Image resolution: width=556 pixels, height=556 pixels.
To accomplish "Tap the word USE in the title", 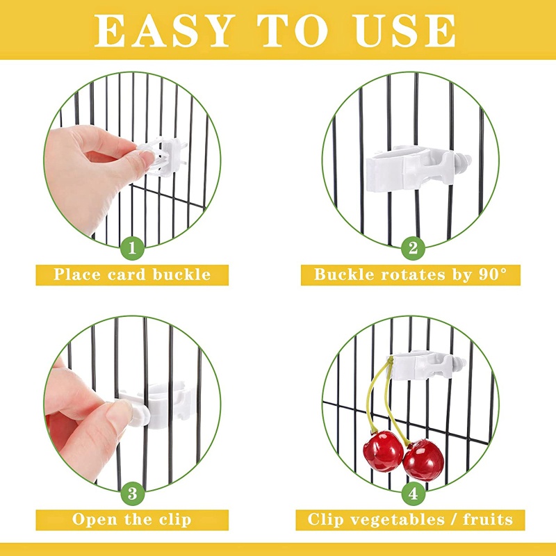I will pos(405,30).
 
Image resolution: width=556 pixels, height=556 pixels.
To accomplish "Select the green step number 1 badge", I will pos(132,248).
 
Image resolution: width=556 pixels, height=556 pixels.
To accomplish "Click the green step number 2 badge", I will pos(413,248).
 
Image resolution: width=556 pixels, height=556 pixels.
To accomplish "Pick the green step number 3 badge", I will pos(132,494).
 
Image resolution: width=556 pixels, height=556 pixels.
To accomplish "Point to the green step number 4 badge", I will pos(413,494).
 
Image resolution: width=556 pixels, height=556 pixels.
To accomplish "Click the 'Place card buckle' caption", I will pos(132,274).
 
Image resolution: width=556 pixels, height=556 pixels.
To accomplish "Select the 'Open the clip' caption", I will pos(132,519).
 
